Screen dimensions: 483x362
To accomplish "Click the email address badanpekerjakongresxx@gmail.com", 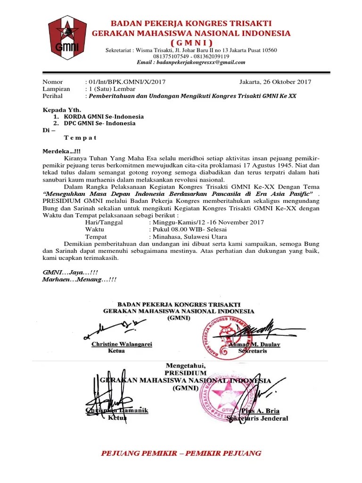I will click(191, 62).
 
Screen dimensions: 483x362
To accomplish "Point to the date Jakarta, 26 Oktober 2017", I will click(275, 82).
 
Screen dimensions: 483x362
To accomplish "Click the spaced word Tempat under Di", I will click(80, 138).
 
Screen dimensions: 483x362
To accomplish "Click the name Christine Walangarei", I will click(122, 344).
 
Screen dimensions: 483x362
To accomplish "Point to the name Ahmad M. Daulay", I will click(255, 344).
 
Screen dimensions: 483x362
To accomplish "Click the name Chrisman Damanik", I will click(117, 410).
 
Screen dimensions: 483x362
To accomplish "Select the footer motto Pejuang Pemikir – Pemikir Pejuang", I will click(181, 453).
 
